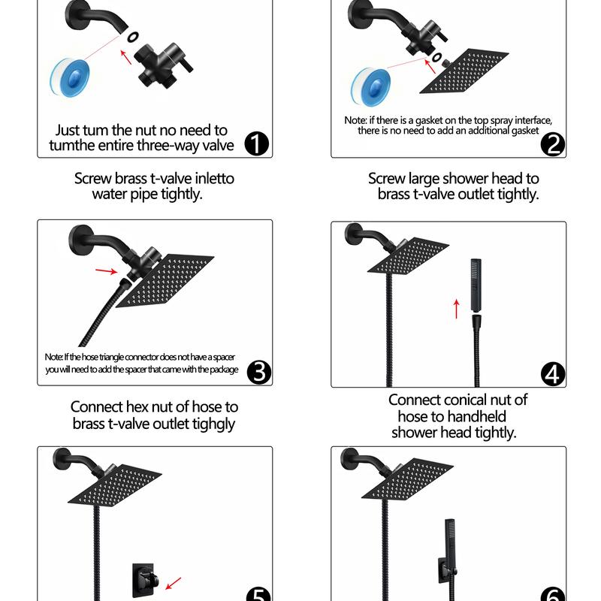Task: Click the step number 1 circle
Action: click(x=256, y=143)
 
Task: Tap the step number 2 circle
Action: click(x=553, y=144)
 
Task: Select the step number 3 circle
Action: click(x=259, y=372)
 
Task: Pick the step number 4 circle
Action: click(x=553, y=374)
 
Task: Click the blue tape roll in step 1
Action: click(x=70, y=78)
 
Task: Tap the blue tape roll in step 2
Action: click(x=370, y=87)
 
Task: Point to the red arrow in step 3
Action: click(x=106, y=271)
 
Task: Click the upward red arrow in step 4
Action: click(x=456, y=309)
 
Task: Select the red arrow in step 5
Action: click(x=174, y=584)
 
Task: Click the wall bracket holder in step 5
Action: click(x=144, y=580)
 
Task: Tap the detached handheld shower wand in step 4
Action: click(x=476, y=285)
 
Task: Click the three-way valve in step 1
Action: click(x=163, y=66)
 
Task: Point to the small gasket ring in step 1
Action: click(x=133, y=37)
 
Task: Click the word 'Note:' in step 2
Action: click(x=355, y=120)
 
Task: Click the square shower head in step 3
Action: click(x=165, y=279)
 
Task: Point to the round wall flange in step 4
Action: click(x=353, y=234)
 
